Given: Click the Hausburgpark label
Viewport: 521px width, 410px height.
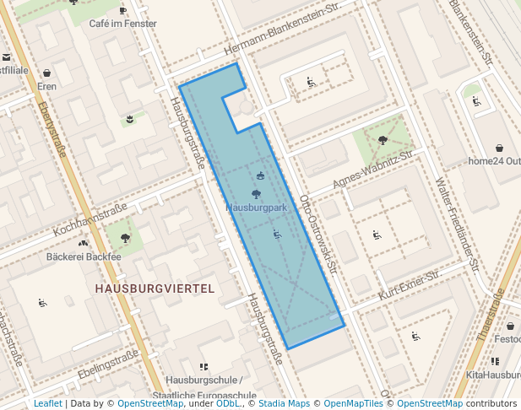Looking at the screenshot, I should click(x=258, y=207).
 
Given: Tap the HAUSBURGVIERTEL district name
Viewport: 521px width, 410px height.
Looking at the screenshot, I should click(x=155, y=289).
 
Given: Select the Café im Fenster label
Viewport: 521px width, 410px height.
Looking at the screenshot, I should click(x=122, y=24).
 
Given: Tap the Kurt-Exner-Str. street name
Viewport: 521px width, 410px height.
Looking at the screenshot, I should click(x=410, y=284).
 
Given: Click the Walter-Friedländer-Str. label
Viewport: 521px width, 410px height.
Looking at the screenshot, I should click(x=457, y=224).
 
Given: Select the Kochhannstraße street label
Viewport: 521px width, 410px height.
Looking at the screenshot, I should click(x=90, y=218).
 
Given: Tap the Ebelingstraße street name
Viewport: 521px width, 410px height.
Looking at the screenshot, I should click(x=107, y=362).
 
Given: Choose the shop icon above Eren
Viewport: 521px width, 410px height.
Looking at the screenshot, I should click(x=46, y=73).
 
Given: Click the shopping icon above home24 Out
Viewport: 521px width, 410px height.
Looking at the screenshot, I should click(x=499, y=148).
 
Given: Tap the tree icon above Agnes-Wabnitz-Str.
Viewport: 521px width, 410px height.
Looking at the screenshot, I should click(x=383, y=140).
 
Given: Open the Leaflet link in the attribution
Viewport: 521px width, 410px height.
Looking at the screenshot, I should click(x=47, y=404).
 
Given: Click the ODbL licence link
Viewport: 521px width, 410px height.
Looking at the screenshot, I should click(x=227, y=404).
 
